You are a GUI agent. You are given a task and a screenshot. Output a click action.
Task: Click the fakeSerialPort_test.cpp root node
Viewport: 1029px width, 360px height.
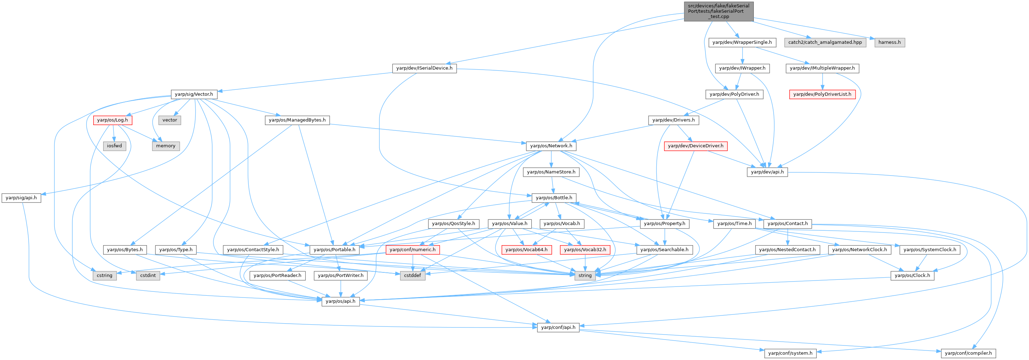pos(718,11)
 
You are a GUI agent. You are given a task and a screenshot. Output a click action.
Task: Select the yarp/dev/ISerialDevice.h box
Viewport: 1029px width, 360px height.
pos(424,68)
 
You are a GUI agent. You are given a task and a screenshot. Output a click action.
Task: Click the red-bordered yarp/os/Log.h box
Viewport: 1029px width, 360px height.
pos(113,120)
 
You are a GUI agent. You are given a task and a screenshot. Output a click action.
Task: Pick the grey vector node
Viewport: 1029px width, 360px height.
pos(170,120)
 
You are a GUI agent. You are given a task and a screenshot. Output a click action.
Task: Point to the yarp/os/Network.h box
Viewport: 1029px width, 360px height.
pos(551,146)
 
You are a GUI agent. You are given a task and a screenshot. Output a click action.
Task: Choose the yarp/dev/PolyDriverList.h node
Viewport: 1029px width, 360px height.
pos(822,94)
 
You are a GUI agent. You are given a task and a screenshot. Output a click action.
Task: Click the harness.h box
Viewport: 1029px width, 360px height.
pos(889,42)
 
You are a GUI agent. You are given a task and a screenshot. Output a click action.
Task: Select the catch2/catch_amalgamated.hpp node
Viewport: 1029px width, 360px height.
pos(825,42)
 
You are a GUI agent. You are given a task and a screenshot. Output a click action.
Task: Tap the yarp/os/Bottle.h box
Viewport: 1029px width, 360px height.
pos(554,198)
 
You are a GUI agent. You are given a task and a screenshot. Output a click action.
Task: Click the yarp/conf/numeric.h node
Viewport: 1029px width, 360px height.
pos(413,250)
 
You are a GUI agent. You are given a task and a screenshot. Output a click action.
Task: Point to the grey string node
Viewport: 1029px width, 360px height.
pos(585,275)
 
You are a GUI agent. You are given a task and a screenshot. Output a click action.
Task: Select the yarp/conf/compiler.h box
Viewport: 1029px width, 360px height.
pos(968,353)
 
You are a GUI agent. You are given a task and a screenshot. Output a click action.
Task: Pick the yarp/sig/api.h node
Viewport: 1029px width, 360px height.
pos(21,198)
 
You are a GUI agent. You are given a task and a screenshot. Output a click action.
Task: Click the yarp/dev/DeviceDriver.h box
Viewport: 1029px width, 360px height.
pos(696,146)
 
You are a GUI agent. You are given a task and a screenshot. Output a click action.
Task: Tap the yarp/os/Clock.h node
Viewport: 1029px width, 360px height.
pos(912,275)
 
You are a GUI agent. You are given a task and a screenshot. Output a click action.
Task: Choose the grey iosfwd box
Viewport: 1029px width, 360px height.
pos(114,146)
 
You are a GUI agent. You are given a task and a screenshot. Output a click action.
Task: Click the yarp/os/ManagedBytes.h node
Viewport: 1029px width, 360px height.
pos(297,120)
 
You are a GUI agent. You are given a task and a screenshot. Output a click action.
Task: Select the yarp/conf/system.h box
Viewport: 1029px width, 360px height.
pos(790,353)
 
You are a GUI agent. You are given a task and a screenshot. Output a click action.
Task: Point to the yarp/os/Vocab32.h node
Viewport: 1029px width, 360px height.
pos(585,250)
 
